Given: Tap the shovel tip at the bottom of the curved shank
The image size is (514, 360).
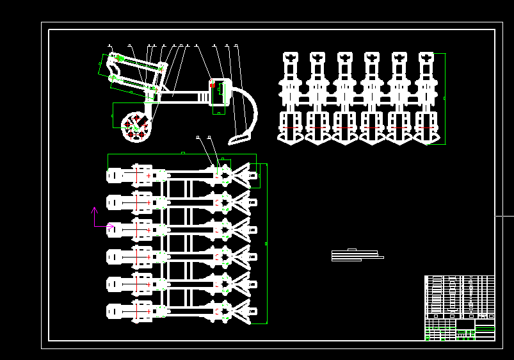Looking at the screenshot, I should (x=239, y=138).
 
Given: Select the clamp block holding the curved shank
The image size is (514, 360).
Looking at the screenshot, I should (x=220, y=93).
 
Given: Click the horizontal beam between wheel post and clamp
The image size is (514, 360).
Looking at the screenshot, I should (x=182, y=97).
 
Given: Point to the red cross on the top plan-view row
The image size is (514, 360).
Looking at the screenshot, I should (x=149, y=175).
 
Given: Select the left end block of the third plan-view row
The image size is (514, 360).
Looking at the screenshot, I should (x=115, y=229).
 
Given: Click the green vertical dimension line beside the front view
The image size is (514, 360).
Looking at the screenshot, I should (x=444, y=98).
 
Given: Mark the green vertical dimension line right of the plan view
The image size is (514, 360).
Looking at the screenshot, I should (x=266, y=243).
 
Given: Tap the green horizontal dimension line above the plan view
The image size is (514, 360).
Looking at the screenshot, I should (x=182, y=154).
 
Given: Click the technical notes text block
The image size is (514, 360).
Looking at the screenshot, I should (x=356, y=256).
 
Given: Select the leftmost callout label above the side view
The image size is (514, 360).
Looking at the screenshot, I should (x=109, y=45).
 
